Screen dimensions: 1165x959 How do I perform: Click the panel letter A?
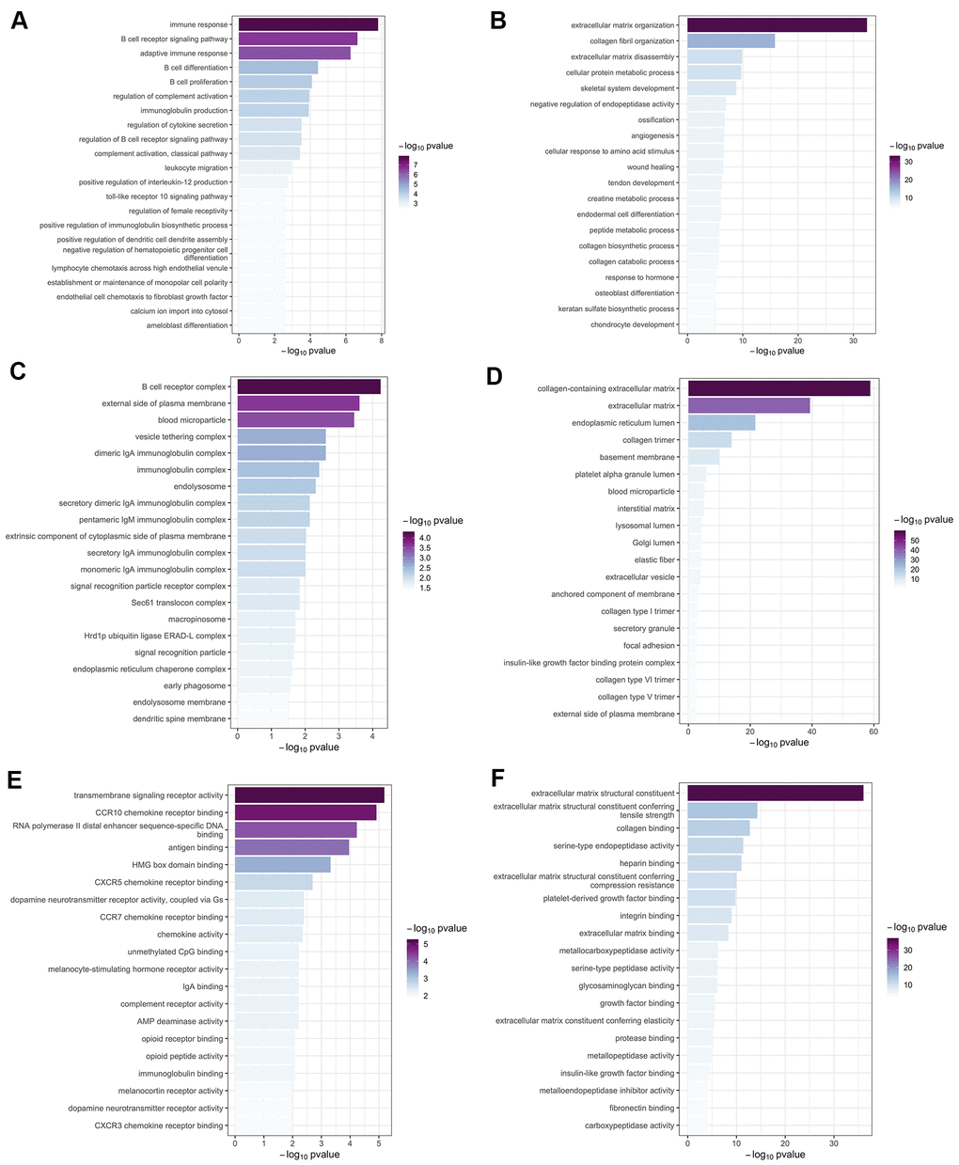pyautogui.click(x=19, y=22)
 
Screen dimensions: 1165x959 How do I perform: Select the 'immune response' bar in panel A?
pyautogui.click(x=308, y=24)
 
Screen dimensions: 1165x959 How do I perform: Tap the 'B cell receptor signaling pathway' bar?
pyautogui.click(x=298, y=39)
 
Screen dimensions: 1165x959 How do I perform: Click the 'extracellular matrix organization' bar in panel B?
pyautogui.click(x=777, y=25)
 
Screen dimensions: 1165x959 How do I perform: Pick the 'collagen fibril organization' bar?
pyautogui.click(x=731, y=41)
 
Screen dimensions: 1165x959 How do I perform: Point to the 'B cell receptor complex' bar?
pyautogui.click(x=308, y=386)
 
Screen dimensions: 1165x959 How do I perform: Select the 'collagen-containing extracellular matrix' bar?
pyautogui.click(x=778, y=388)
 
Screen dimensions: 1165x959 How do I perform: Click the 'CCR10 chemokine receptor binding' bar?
pyautogui.click(x=305, y=812)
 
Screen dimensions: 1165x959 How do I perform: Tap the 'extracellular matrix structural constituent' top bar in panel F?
pyautogui.click(x=775, y=794)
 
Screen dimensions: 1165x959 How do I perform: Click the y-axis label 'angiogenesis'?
pyautogui.click(x=652, y=135)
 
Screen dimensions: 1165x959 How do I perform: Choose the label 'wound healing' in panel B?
pyautogui.click(x=651, y=167)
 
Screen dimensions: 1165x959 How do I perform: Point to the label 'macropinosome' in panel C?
pyautogui.click(x=198, y=620)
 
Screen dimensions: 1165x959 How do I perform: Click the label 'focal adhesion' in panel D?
pyautogui.click(x=649, y=646)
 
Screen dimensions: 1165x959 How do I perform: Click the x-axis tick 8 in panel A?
pyautogui.click(x=382, y=339)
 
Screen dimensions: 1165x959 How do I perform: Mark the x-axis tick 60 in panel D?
pyautogui.click(x=873, y=731)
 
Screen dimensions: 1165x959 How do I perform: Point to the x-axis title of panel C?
pyautogui.click(x=308, y=748)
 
